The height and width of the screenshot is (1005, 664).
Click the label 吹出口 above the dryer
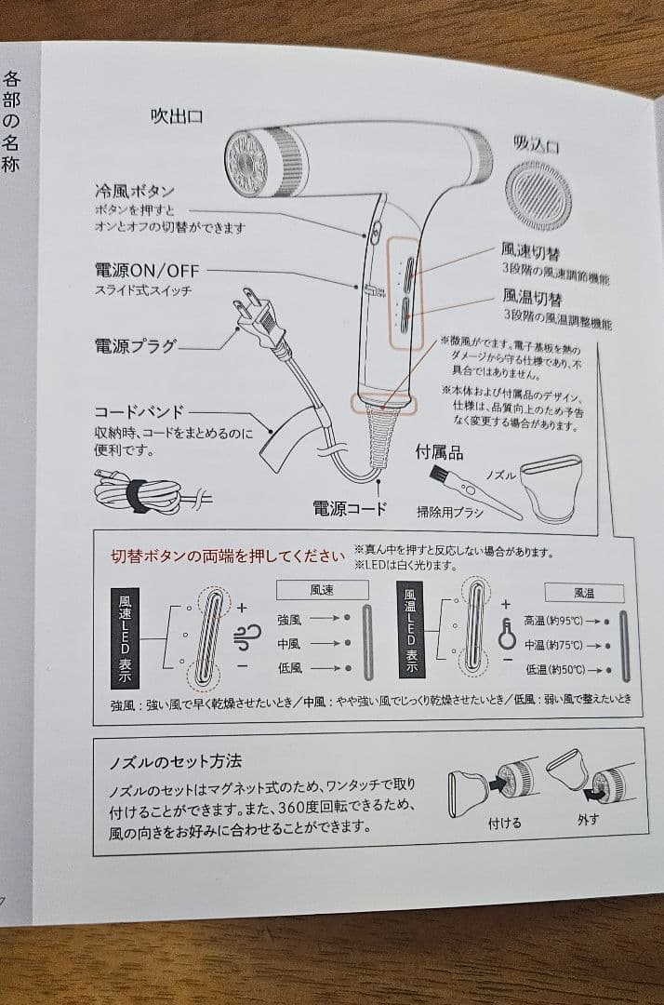tap(177, 116)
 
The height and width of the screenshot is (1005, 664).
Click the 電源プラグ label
tap(135, 346)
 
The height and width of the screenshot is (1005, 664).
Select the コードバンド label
tap(139, 411)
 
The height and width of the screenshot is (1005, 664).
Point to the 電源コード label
tap(349, 509)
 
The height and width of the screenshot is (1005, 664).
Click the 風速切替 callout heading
tap(531, 250)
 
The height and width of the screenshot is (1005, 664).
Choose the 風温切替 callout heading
tap(533, 297)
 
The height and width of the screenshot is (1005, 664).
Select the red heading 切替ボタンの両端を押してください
tap(228, 556)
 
